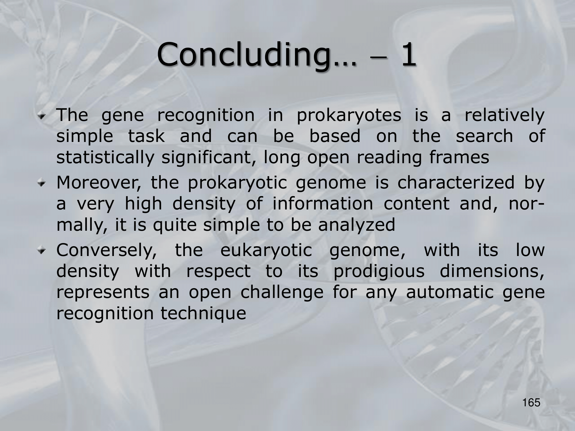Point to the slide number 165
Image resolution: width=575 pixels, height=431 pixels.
click(x=532, y=403)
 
